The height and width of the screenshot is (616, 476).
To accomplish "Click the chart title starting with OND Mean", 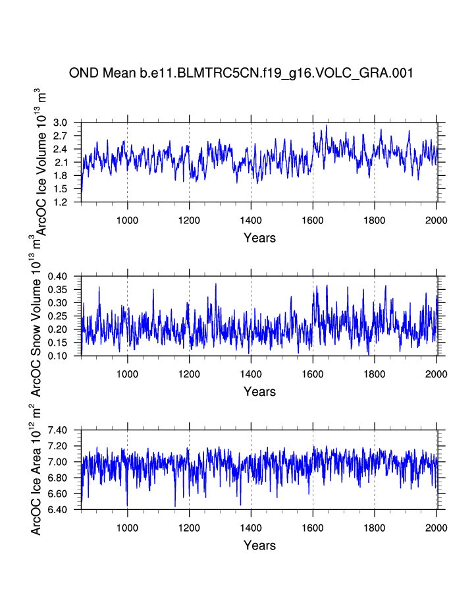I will [x=241, y=73].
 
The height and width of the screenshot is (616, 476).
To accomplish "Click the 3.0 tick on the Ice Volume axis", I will [x=61, y=123].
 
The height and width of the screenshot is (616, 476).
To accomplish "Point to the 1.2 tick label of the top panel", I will [x=61, y=202].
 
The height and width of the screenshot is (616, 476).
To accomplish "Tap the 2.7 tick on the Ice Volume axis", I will [x=61, y=136].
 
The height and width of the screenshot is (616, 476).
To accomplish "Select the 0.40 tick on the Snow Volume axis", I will [x=58, y=277].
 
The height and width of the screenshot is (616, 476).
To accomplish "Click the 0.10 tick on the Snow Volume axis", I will [x=58, y=356].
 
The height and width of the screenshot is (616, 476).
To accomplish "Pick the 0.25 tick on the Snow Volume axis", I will [x=58, y=316].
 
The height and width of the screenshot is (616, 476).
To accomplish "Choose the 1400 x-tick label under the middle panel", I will [x=251, y=374].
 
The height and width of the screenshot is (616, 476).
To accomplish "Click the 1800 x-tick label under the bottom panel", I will [x=375, y=528].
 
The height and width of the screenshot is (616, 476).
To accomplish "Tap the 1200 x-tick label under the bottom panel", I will [x=189, y=528].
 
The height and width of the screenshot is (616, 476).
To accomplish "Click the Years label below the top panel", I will [x=259, y=238].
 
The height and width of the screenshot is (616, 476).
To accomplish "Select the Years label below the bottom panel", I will [x=259, y=546].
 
